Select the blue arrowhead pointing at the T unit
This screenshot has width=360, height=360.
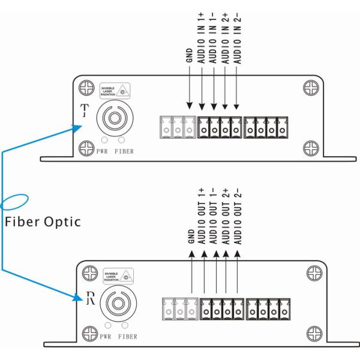[75, 126]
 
